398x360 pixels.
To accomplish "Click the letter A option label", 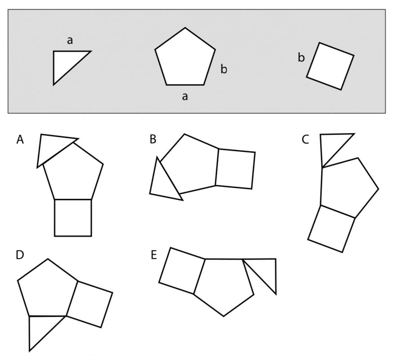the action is pos(20,139).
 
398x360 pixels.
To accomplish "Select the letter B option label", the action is pos(153,139).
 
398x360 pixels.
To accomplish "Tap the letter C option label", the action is pos(305,139).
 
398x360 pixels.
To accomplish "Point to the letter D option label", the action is pos(20,255).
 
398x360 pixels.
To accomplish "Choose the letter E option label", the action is pos(154,255).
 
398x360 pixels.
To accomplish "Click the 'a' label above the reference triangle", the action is pos(70,40).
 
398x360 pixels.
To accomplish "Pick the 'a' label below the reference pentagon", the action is pos(185,97).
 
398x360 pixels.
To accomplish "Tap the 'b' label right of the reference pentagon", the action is pos(224,69).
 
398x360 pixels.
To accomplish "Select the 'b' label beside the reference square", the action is pos(301,58).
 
